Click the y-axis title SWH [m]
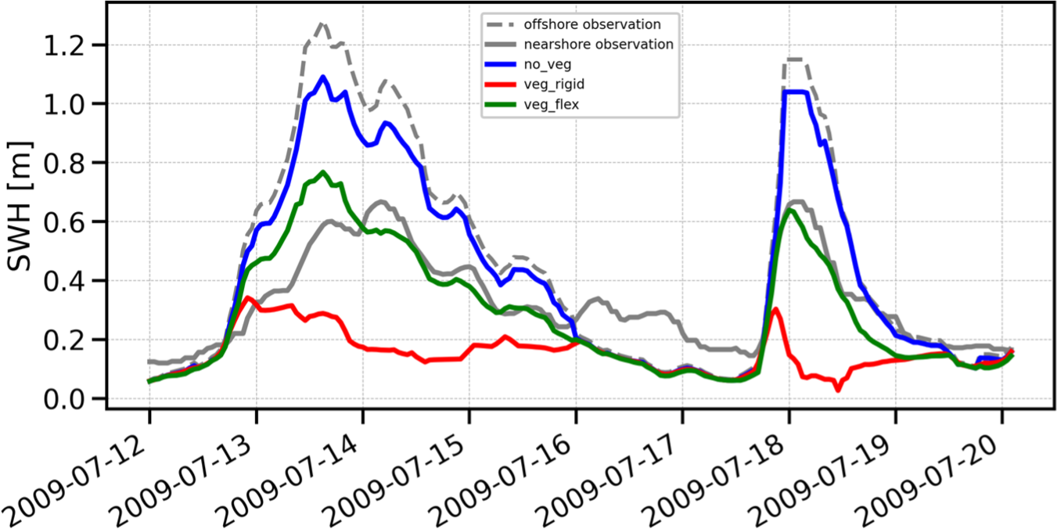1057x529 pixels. point(21,206)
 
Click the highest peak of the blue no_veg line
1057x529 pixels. point(322,77)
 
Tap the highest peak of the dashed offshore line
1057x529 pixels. point(322,24)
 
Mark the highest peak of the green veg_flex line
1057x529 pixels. point(322,172)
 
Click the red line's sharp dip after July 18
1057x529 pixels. point(838,389)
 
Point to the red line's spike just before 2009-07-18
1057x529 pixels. point(775,309)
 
